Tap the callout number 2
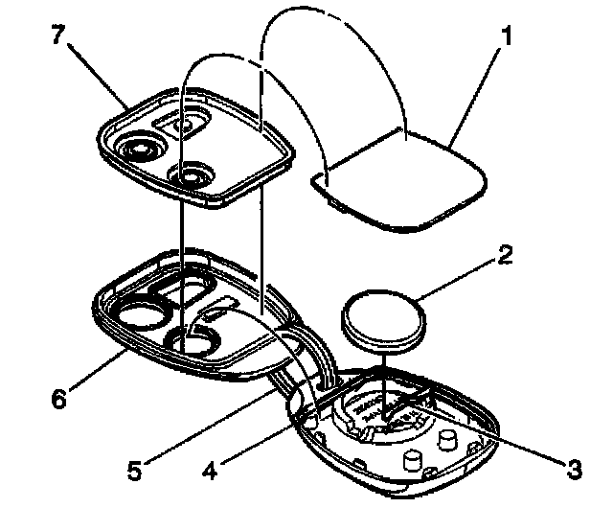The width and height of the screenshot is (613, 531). (506, 256)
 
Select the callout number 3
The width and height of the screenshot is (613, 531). (573, 469)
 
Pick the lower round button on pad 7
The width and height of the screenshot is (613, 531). (193, 175)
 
